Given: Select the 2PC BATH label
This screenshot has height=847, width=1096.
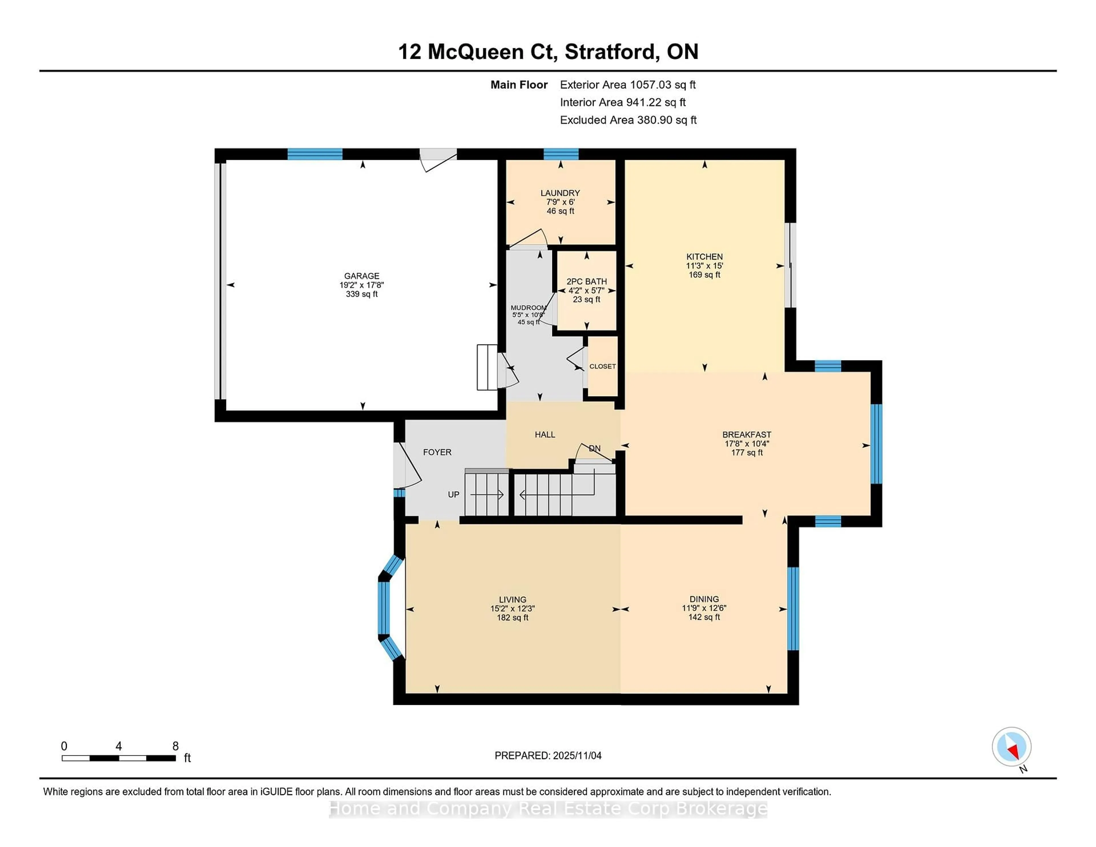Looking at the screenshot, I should click(x=587, y=281).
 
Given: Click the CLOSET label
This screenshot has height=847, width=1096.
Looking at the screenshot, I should click(x=602, y=366).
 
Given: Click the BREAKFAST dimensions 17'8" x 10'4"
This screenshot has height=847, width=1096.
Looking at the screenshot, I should click(x=747, y=443).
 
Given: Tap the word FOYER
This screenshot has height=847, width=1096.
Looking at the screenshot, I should click(x=437, y=452).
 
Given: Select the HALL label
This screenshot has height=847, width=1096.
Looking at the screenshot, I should click(x=545, y=435).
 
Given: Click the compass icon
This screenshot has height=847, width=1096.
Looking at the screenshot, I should click(x=1011, y=747).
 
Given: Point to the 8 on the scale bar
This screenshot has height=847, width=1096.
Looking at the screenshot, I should click(x=175, y=746).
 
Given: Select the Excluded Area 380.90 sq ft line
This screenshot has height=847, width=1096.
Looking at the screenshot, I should click(x=628, y=120).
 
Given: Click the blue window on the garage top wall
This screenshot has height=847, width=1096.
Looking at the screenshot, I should click(x=315, y=154).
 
